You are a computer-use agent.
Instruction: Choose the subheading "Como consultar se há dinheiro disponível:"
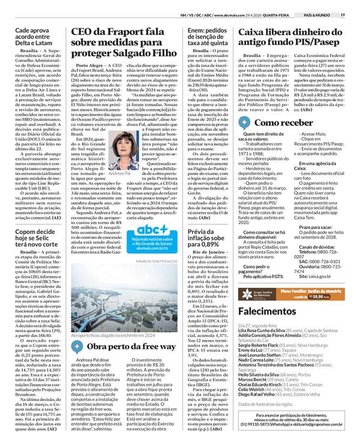(x=264, y=237)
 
